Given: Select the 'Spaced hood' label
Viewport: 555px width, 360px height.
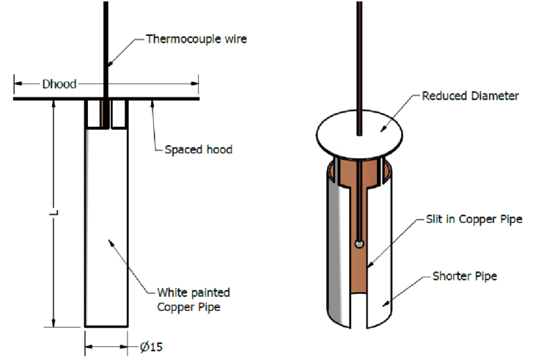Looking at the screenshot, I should point(197,150).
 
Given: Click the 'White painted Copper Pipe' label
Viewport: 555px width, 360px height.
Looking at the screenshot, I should point(188,301).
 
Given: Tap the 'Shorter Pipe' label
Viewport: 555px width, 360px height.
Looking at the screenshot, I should point(466,276).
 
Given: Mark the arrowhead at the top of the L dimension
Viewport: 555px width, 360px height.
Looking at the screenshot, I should point(53,103).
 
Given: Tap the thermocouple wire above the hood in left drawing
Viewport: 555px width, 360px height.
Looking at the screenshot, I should point(106,44).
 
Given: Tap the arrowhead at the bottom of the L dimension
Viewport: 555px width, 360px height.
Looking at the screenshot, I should point(53,323).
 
